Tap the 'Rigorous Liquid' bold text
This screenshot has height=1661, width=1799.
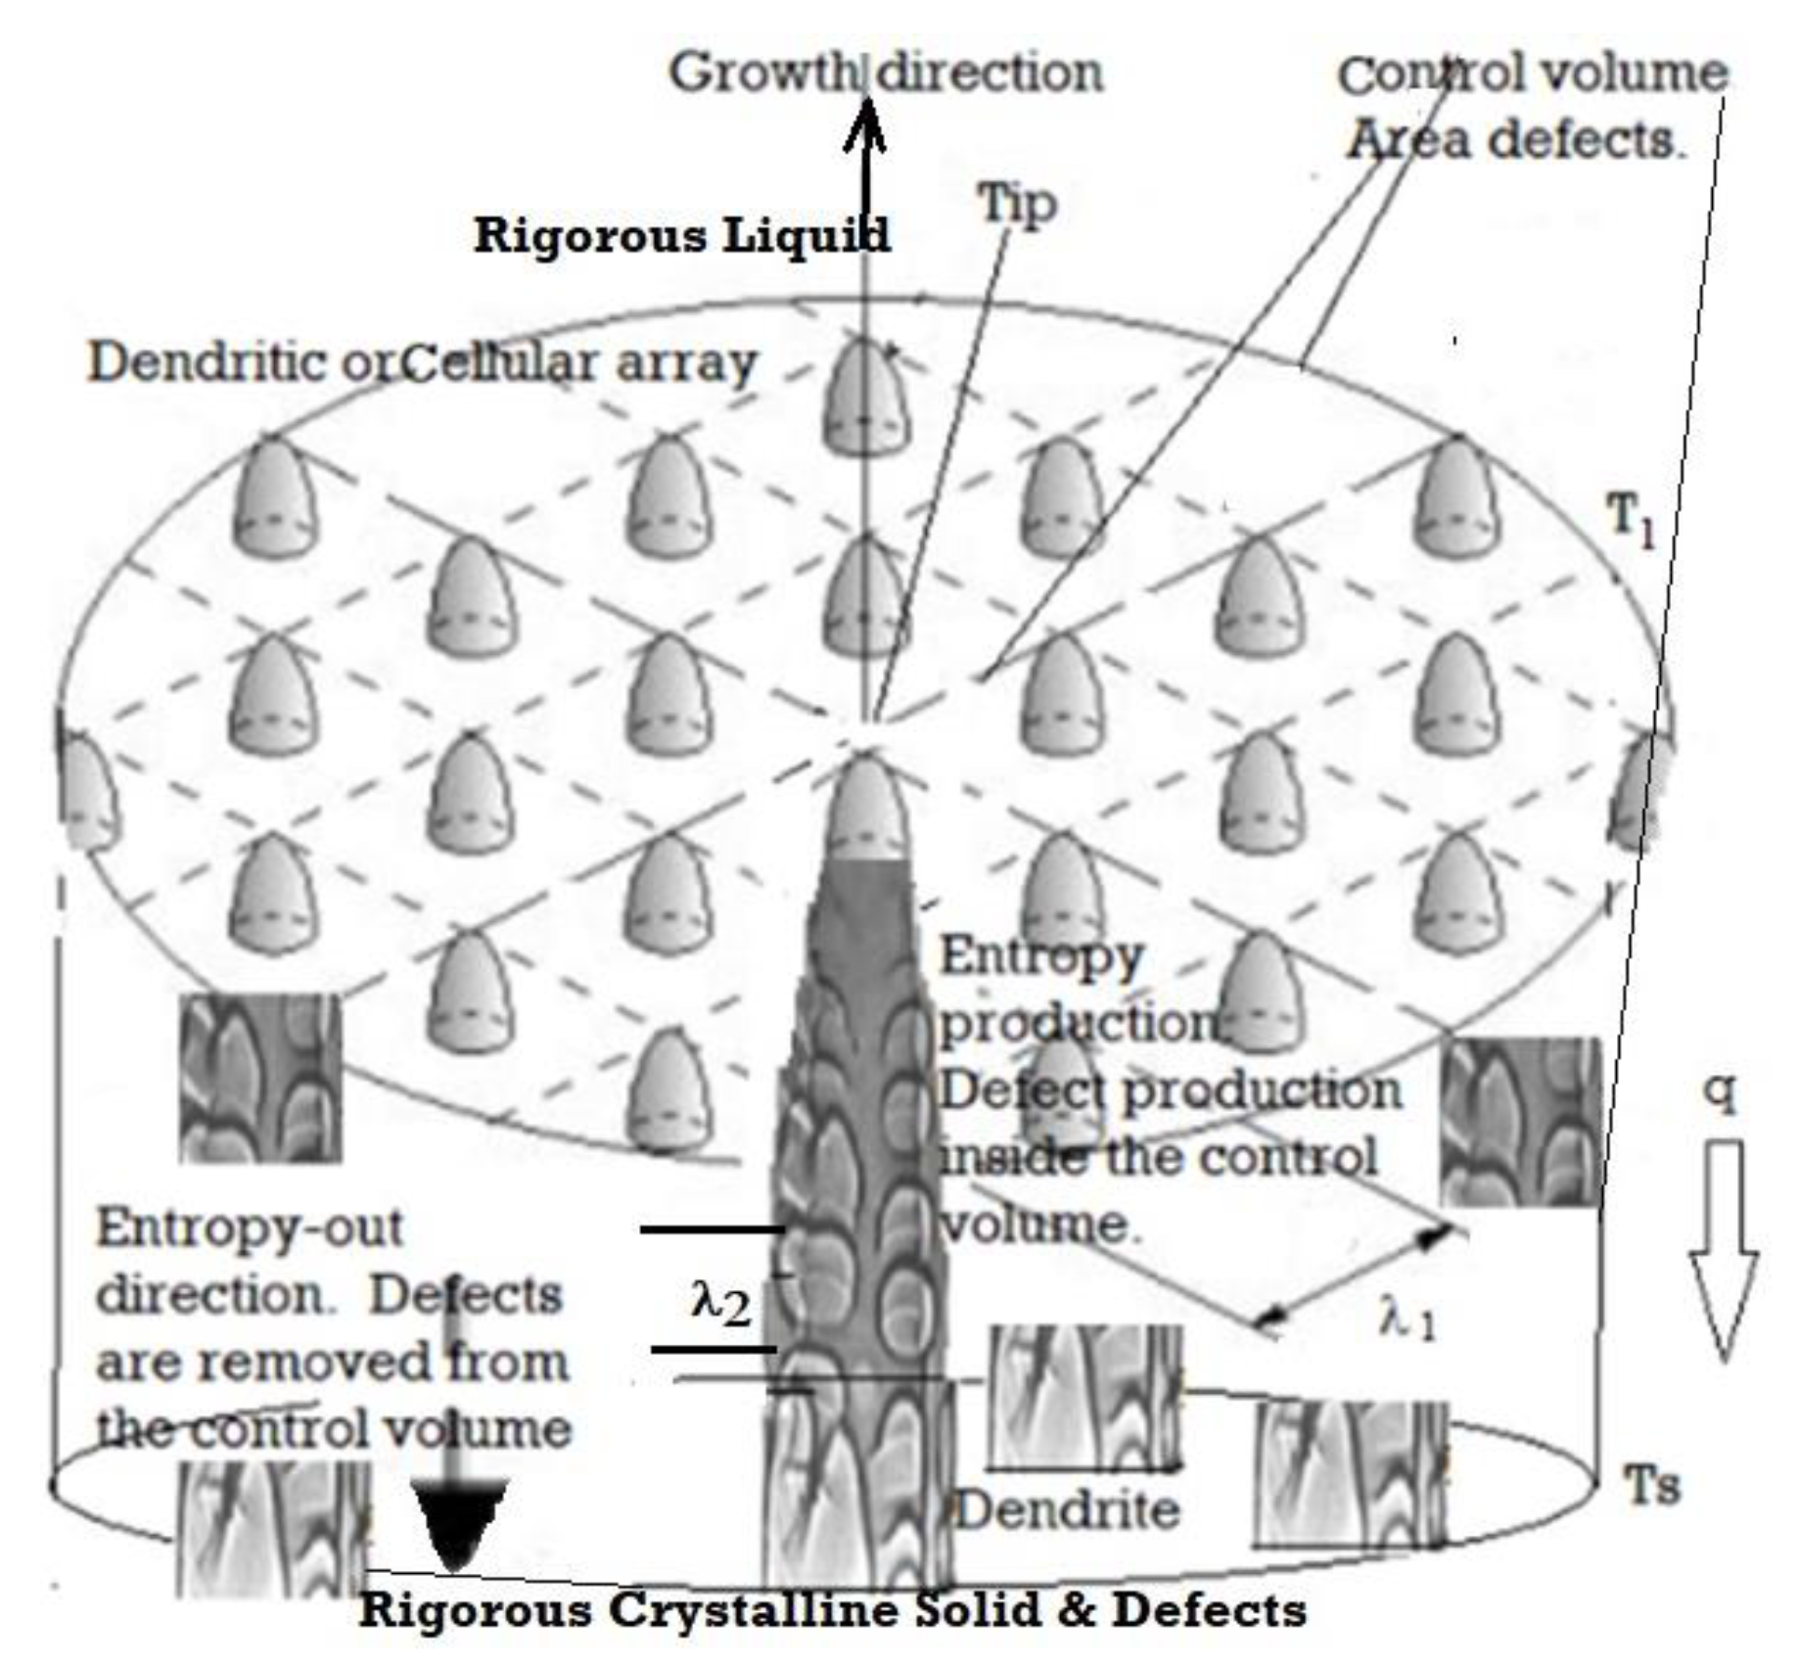pos(682,235)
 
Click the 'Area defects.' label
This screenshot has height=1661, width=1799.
pos(1515,140)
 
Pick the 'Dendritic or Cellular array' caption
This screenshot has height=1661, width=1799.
pos(423,362)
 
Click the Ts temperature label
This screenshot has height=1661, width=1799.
pos(1652,1485)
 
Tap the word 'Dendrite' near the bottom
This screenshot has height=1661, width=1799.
pos(1068,1510)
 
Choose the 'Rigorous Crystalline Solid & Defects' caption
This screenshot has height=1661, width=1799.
pos(832,1610)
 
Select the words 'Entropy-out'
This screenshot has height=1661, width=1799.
pos(250,1226)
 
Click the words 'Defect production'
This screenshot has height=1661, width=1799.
pos(1170,1090)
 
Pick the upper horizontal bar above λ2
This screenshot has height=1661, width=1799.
pos(713,1228)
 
